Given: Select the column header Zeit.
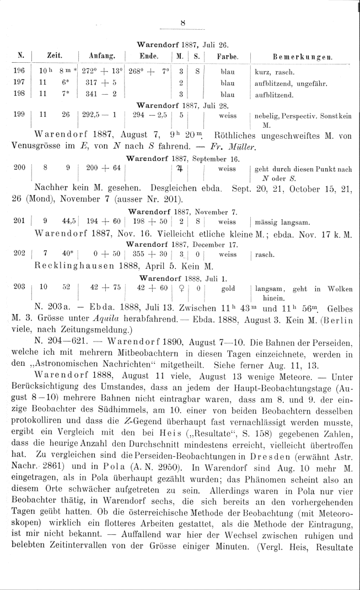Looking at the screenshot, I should click(x=53, y=56).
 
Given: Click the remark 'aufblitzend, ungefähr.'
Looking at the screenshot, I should click(x=291, y=83).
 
